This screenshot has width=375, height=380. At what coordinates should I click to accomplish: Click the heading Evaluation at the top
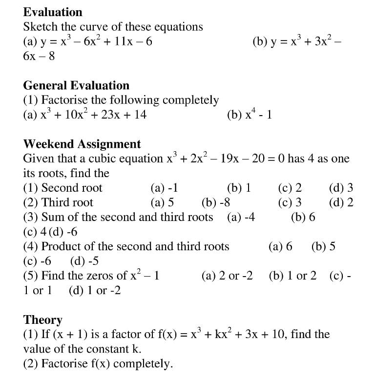click(53, 12)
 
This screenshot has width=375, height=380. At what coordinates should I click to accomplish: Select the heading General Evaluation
click(76, 86)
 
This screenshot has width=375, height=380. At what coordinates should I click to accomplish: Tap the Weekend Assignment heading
click(82, 144)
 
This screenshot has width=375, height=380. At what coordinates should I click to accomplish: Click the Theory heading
click(43, 320)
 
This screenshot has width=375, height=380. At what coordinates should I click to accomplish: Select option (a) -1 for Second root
click(165, 188)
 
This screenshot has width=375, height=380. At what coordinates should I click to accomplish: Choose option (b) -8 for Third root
click(216, 203)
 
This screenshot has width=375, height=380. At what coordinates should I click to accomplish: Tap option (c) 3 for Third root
click(290, 203)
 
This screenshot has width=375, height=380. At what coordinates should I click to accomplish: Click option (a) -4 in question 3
click(241, 218)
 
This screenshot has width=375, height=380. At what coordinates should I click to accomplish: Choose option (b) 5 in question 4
click(323, 247)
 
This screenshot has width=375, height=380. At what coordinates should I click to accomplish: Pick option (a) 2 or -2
click(227, 276)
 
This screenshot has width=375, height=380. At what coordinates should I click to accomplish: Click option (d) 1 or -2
click(95, 291)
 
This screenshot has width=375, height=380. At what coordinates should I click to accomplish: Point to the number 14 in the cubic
click(139, 115)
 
